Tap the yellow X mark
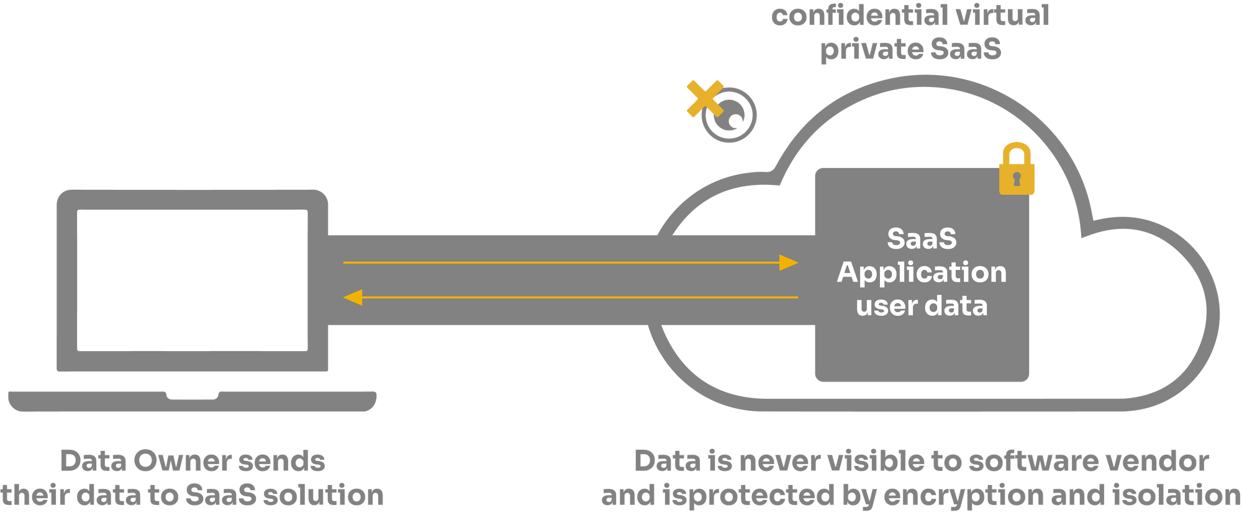tap(704, 99)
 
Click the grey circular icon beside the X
tap(730, 116)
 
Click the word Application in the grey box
tap(922, 272)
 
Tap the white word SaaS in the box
tap(922, 239)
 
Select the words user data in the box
tap(922, 306)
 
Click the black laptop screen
tap(193, 280)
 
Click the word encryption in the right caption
tap(963, 495)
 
